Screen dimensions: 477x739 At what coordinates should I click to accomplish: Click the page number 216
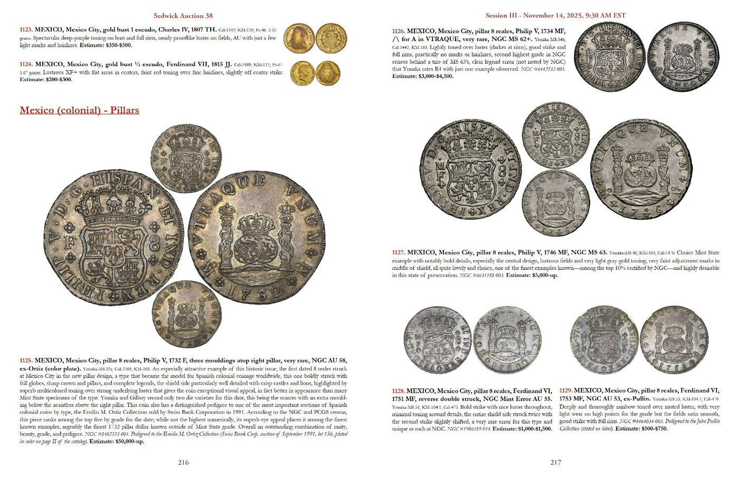183,462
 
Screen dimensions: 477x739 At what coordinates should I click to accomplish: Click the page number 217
556,462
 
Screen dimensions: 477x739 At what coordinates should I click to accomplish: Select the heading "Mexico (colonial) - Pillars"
79,110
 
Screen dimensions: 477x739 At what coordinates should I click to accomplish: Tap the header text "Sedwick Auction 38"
183,16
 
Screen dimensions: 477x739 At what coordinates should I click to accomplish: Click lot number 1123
26,31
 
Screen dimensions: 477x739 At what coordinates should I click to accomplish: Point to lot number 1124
26,64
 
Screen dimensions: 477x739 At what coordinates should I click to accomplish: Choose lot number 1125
26,361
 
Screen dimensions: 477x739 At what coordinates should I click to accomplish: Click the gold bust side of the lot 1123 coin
299,37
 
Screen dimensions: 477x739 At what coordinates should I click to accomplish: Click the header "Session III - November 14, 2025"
555,15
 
